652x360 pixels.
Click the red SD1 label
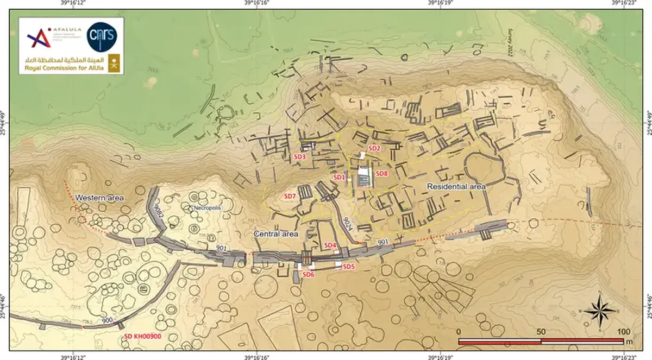pos(340,177)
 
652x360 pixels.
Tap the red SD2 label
pos(374,148)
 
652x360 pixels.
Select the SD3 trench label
pos(300,156)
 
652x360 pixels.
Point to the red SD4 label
pos(330,246)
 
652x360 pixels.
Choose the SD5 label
pos(348,266)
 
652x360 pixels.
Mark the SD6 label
pos(309,275)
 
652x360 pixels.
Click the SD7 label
pos(290,195)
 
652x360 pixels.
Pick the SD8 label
pos(382,174)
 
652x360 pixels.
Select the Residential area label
pos(456,186)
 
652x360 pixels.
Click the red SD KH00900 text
pos(143,337)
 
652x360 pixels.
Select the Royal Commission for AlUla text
pos(55,69)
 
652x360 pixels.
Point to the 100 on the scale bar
pos(623,332)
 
